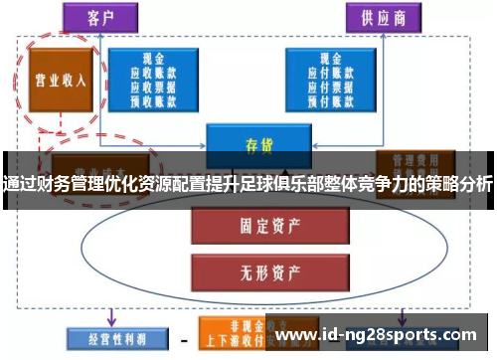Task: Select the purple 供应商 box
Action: click(382, 17)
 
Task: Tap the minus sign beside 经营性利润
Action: click(183, 337)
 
